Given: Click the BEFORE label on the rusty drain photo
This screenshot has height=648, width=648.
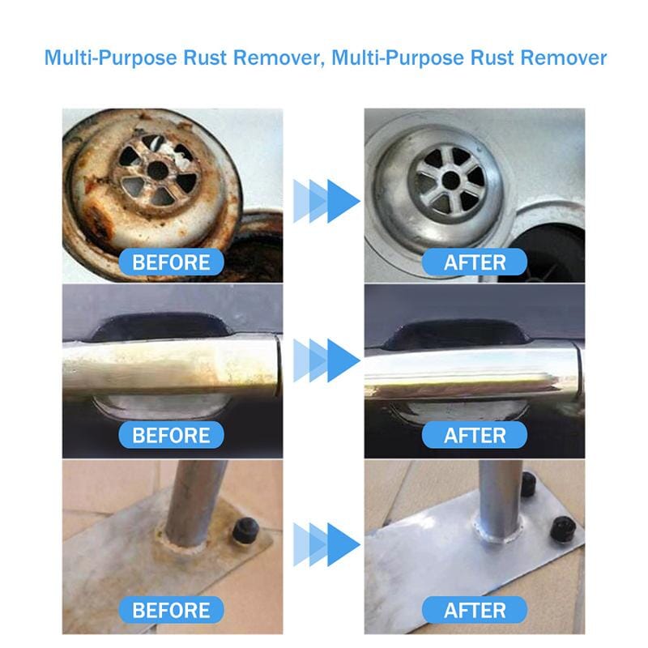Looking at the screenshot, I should tap(171, 262).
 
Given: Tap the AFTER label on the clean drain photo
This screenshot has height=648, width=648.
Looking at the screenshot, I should tap(475, 262).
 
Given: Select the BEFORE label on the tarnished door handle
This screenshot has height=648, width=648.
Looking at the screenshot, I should tap(171, 435).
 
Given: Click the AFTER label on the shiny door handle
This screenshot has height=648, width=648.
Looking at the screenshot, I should tap(475, 435).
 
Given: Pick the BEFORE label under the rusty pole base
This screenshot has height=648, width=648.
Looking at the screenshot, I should tap(171, 609).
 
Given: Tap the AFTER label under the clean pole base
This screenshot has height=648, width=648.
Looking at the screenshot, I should tap(475, 609).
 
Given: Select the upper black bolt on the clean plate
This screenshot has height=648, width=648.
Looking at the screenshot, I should tap(526, 485).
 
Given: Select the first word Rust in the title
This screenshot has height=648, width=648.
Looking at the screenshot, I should tap(190, 58).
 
